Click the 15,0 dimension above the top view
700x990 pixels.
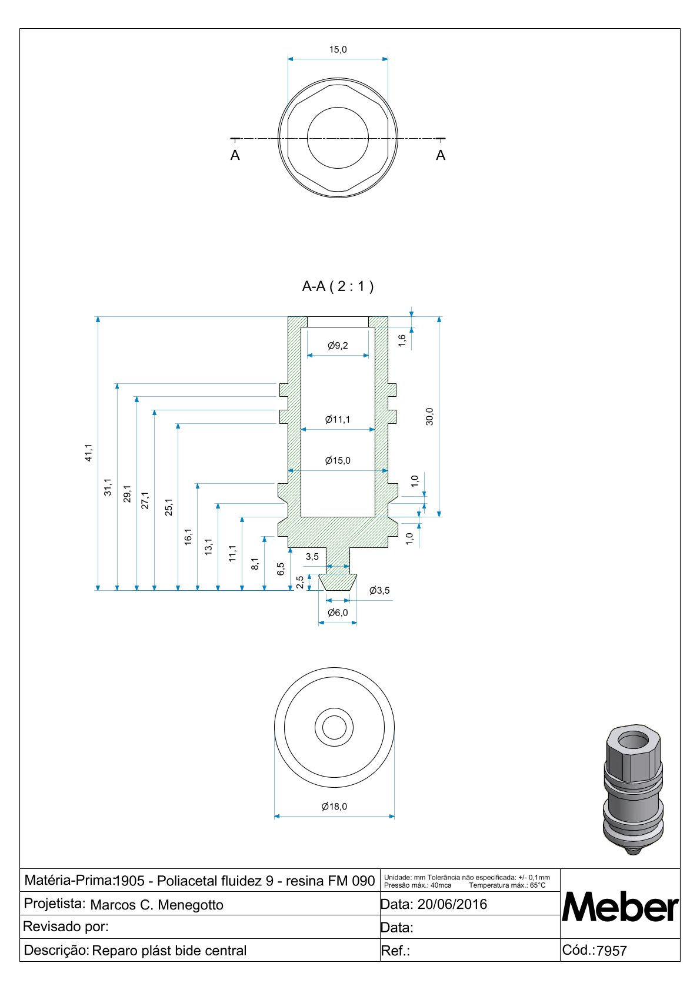(x=338, y=50)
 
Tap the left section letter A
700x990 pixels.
(x=235, y=156)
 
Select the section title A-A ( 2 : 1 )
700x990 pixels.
(x=338, y=286)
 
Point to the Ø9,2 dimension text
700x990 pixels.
(x=338, y=346)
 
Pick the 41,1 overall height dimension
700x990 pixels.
(x=88, y=452)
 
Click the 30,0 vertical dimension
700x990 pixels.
(x=429, y=416)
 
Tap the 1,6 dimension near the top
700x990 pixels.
(x=402, y=340)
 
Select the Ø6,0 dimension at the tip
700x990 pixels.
(x=338, y=613)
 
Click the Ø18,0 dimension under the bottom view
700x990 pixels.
(x=334, y=807)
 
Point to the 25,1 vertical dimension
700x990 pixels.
(x=169, y=507)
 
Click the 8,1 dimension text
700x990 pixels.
(x=255, y=564)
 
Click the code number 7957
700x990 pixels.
(x=612, y=951)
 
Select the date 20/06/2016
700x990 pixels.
(x=452, y=904)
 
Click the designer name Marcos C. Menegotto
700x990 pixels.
(x=156, y=905)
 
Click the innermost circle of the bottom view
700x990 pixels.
(x=334, y=728)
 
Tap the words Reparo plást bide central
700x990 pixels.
(x=169, y=951)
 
